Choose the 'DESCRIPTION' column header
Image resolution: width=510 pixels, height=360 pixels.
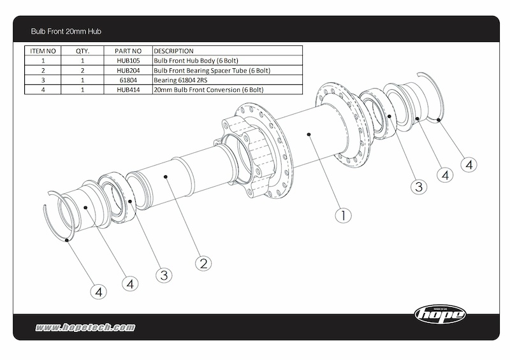pyautogui.click(x=174, y=51)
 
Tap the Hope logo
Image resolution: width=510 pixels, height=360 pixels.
pyautogui.click(x=441, y=313)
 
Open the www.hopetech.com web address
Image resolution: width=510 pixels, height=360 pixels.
pyautogui.click(x=85, y=328)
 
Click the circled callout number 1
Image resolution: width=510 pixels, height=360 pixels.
pyautogui.click(x=343, y=215)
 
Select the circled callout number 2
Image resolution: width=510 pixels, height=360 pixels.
pyautogui.click(x=203, y=263)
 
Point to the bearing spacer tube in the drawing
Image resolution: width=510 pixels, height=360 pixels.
pyautogui.click(x=159, y=185)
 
